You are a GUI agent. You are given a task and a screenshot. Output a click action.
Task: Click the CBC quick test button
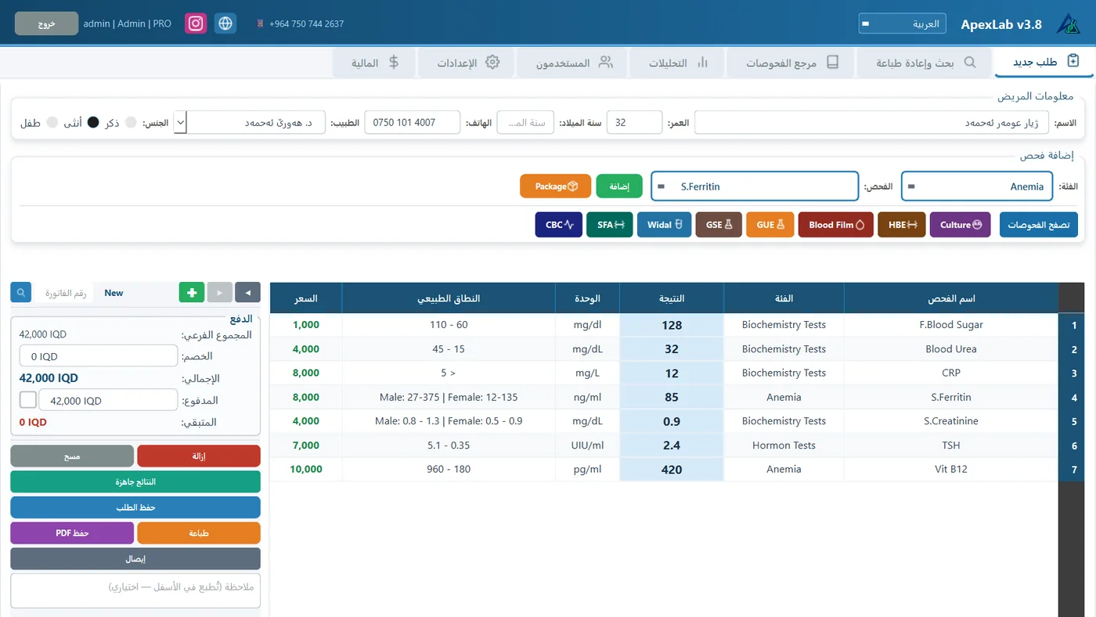click(558, 225)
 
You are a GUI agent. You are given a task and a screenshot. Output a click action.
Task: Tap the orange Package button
click(555, 186)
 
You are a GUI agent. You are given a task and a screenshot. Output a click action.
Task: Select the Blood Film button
click(836, 225)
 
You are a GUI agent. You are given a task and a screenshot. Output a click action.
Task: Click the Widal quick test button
click(664, 225)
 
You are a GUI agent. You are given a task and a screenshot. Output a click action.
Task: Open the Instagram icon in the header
click(196, 23)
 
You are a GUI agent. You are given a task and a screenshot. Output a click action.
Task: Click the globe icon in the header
click(225, 23)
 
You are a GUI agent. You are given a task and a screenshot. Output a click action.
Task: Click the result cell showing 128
click(672, 325)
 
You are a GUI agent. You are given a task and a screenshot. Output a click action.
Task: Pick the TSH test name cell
click(950, 446)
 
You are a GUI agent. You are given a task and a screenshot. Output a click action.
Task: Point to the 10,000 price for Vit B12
click(306, 469)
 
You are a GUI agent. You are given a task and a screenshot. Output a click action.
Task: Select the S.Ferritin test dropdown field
click(755, 186)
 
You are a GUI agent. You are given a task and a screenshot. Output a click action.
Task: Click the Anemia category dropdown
click(977, 186)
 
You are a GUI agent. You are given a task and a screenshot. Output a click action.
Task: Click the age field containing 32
click(634, 122)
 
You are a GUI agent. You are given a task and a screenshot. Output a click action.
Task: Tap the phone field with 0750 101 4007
click(412, 122)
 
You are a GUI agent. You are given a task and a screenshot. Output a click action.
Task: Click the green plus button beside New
click(192, 293)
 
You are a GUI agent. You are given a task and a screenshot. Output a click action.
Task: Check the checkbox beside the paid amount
click(28, 400)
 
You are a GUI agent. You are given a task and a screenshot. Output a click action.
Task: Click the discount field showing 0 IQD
click(99, 355)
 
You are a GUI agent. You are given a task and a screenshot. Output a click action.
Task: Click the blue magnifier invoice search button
click(21, 292)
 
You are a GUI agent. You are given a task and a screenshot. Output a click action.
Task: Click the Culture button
click(960, 225)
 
